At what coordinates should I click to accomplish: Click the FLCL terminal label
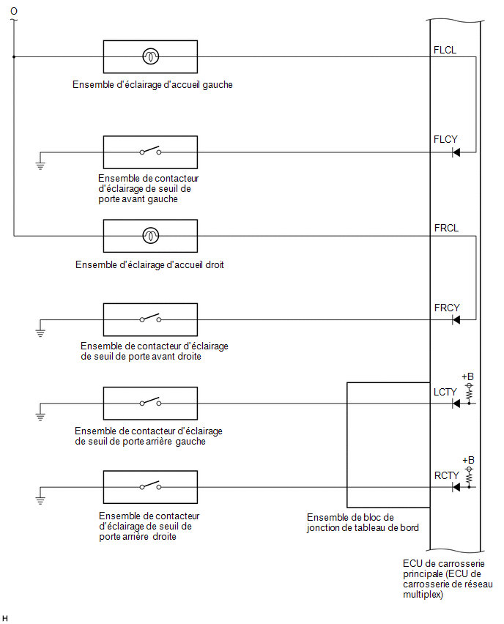[445, 50]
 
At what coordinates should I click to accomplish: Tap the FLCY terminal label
[445, 139]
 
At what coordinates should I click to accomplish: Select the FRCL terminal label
[446, 228]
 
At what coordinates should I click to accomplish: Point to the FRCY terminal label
[447, 308]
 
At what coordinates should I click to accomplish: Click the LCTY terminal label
[445, 392]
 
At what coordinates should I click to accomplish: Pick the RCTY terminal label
[446, 475]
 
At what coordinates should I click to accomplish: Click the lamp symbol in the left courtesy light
[150, 56]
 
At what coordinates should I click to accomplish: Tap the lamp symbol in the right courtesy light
[150, 236]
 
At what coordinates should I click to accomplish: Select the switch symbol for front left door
[150, 151]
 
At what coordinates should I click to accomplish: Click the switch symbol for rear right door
[150, 486]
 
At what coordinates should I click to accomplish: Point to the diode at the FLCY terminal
[456, 152]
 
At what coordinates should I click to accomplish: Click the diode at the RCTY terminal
[456, 487]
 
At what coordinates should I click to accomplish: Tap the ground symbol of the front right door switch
[40, 333]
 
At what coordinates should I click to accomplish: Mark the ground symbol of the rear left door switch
[40, 417]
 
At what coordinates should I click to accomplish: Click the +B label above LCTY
[468, 376]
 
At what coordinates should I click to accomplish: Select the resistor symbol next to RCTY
[470, 475]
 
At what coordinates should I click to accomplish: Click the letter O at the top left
[14, 11]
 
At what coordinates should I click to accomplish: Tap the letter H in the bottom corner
[5, 618]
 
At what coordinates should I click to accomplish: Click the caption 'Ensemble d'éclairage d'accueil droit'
[149, 264]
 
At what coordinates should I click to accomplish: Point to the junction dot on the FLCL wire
[14, 57]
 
